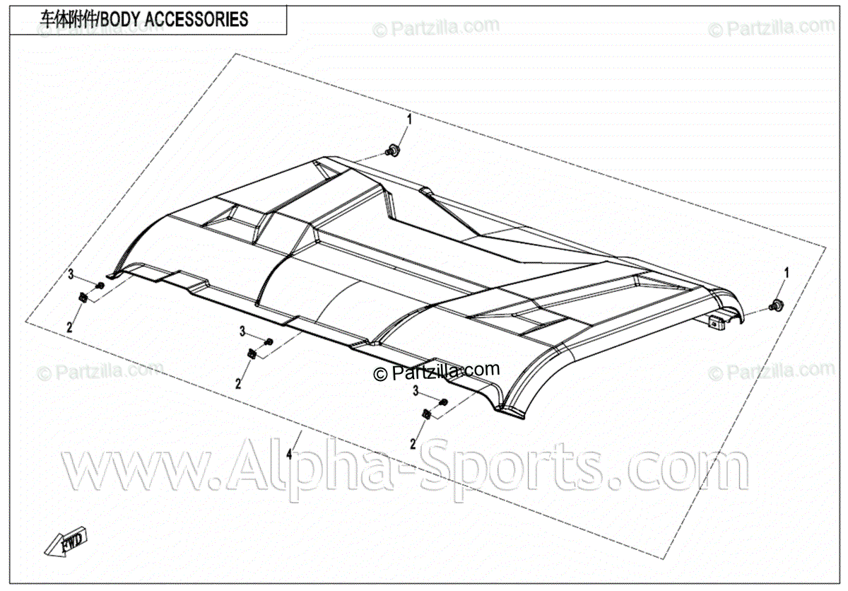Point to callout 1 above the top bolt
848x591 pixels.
coord(408,118)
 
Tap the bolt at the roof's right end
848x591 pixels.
coord(777,305)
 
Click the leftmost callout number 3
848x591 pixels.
coord(71,274)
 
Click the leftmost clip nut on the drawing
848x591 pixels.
coord(83,298)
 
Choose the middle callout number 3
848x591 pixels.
coord(242,332)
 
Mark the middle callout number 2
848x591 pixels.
coord(238,384)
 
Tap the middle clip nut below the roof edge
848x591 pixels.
coord(252,353)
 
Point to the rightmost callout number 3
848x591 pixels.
coord(416,391)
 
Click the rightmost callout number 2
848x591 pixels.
coord(413,443)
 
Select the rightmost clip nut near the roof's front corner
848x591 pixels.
coord(427,414)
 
